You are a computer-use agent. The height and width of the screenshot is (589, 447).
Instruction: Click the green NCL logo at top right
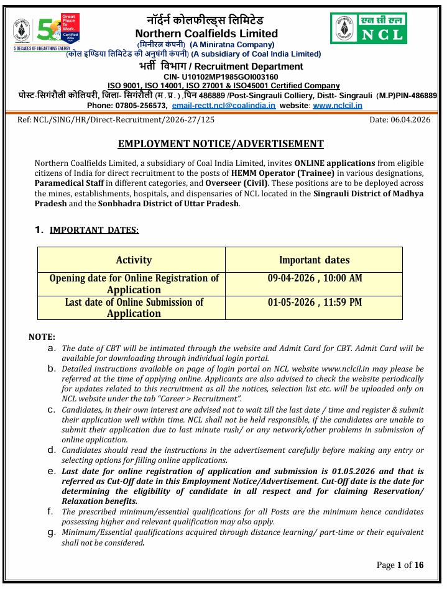(368, 28)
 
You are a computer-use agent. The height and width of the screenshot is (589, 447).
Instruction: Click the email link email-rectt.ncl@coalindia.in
(223, 106)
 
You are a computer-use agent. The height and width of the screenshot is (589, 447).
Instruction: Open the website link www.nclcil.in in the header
(338, 106)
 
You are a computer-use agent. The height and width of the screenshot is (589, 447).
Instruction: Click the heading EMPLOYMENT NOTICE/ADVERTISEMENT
(221, 144)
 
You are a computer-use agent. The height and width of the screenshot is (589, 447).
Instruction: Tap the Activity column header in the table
(134, 260)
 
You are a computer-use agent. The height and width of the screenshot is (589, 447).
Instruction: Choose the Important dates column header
(314, 260)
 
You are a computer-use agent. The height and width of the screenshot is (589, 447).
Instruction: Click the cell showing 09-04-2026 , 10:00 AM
(315, 278)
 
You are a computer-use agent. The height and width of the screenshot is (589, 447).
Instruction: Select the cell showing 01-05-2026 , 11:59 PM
(315, 303)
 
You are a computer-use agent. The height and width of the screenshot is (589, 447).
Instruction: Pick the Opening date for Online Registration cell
(134, 284)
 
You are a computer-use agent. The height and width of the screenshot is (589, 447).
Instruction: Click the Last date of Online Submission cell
(134, 308)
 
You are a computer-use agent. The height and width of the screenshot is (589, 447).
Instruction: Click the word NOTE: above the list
(42, 337)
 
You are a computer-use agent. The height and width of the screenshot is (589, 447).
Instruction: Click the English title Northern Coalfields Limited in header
(206, 34)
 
